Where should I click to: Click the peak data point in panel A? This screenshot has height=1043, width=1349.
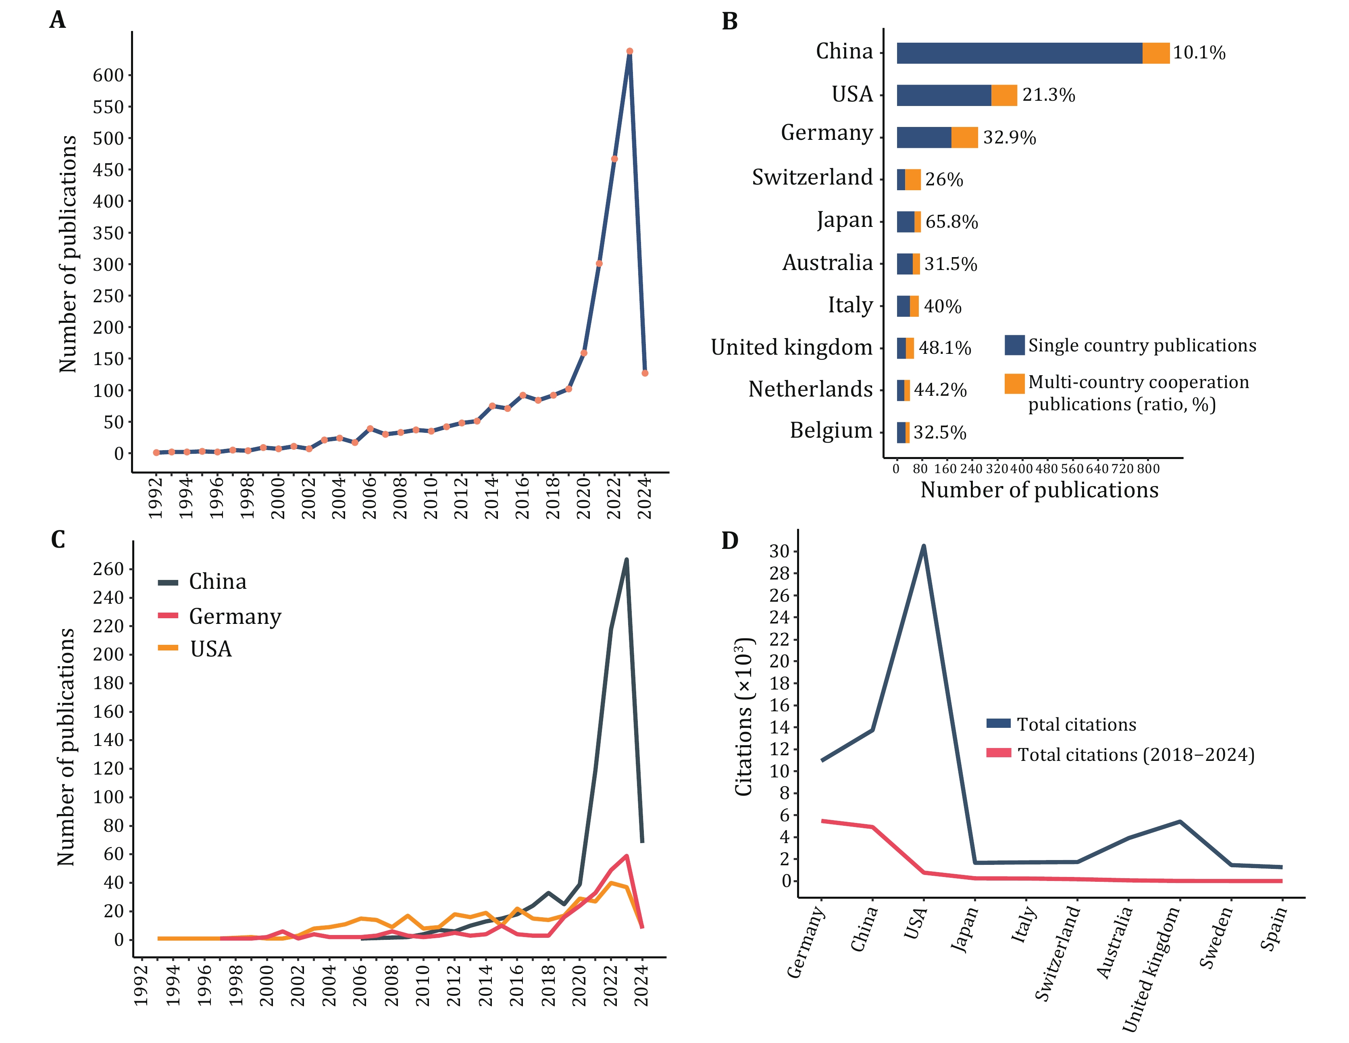pyautogui.click(x=629, y=51)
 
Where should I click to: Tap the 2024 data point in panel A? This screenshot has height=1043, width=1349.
pyautogui.click(x=645, y=373)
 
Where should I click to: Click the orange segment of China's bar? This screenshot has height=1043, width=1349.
pyautogui.click(x=1155, y=53)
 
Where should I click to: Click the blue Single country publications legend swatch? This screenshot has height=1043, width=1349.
pyautogui.click(x=1014, y=345)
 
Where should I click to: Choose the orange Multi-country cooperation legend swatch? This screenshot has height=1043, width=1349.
pyautogui.click(x=1014, y=384)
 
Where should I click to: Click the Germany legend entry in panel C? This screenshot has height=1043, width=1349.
pyautogui.click(x=235, y=616)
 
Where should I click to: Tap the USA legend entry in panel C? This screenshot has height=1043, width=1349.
pyautogui.click(x=210, y=649)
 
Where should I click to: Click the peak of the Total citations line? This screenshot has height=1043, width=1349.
pyautogui.click(x=923, y=546)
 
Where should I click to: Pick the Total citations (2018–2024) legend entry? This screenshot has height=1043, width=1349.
pyautogui.click(x=1135, y=754)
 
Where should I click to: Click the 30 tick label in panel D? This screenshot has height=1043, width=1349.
pyautogui.click(x=779, y=551)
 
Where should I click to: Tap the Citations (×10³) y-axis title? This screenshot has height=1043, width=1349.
pyautogui.click(x=744, y=716)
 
